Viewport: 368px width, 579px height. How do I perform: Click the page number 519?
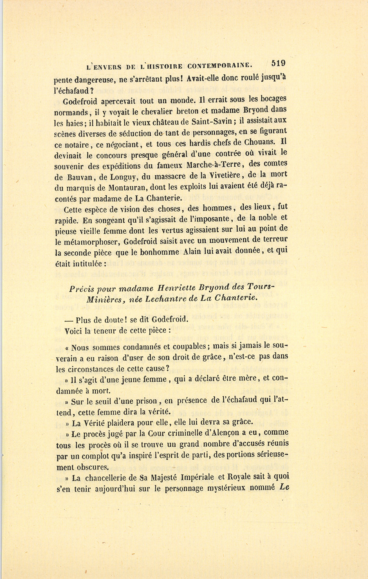[x=278, y=63]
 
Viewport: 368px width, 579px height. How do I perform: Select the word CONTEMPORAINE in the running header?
[x=220, y=65]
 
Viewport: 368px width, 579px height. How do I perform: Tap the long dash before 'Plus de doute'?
[x=69, y=320]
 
